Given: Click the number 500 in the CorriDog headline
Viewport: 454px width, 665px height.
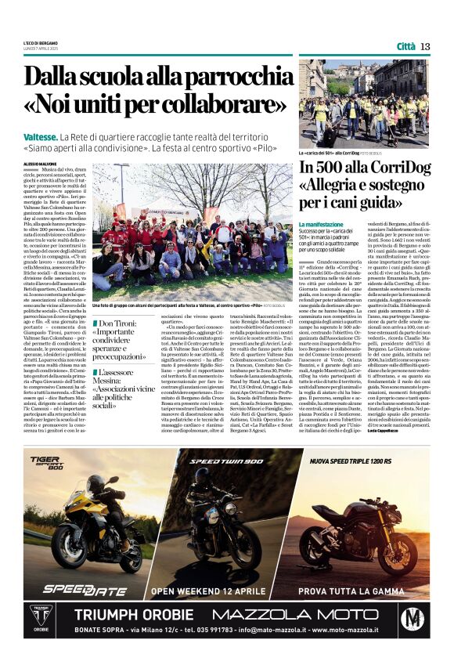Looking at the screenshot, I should [335, 168].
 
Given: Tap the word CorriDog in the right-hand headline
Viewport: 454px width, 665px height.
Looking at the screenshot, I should [393, 168].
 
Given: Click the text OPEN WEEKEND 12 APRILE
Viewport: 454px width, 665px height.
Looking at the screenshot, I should [208, 591].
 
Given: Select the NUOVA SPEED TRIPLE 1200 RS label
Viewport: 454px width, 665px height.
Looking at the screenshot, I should [361, 461].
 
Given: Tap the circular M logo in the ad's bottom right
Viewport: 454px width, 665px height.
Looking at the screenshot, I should [412, 617].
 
